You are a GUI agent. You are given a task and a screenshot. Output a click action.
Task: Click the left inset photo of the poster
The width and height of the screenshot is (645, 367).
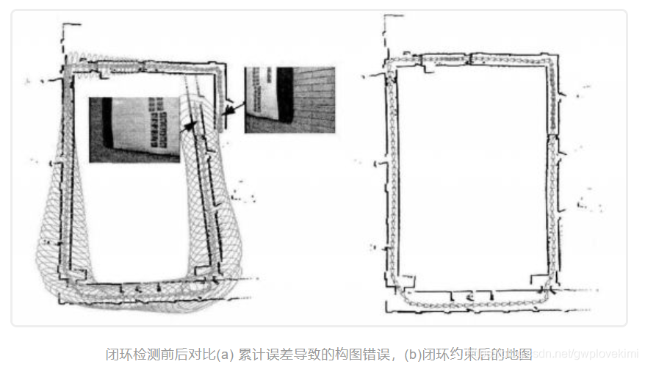pyautogui.click(x=134, y=128)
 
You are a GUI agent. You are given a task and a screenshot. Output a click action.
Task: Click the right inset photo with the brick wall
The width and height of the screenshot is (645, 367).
pyautogui.click(x=289, y=99)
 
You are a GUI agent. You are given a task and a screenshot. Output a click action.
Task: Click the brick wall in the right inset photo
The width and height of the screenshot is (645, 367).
pyautogui.click(x=312, y=99)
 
